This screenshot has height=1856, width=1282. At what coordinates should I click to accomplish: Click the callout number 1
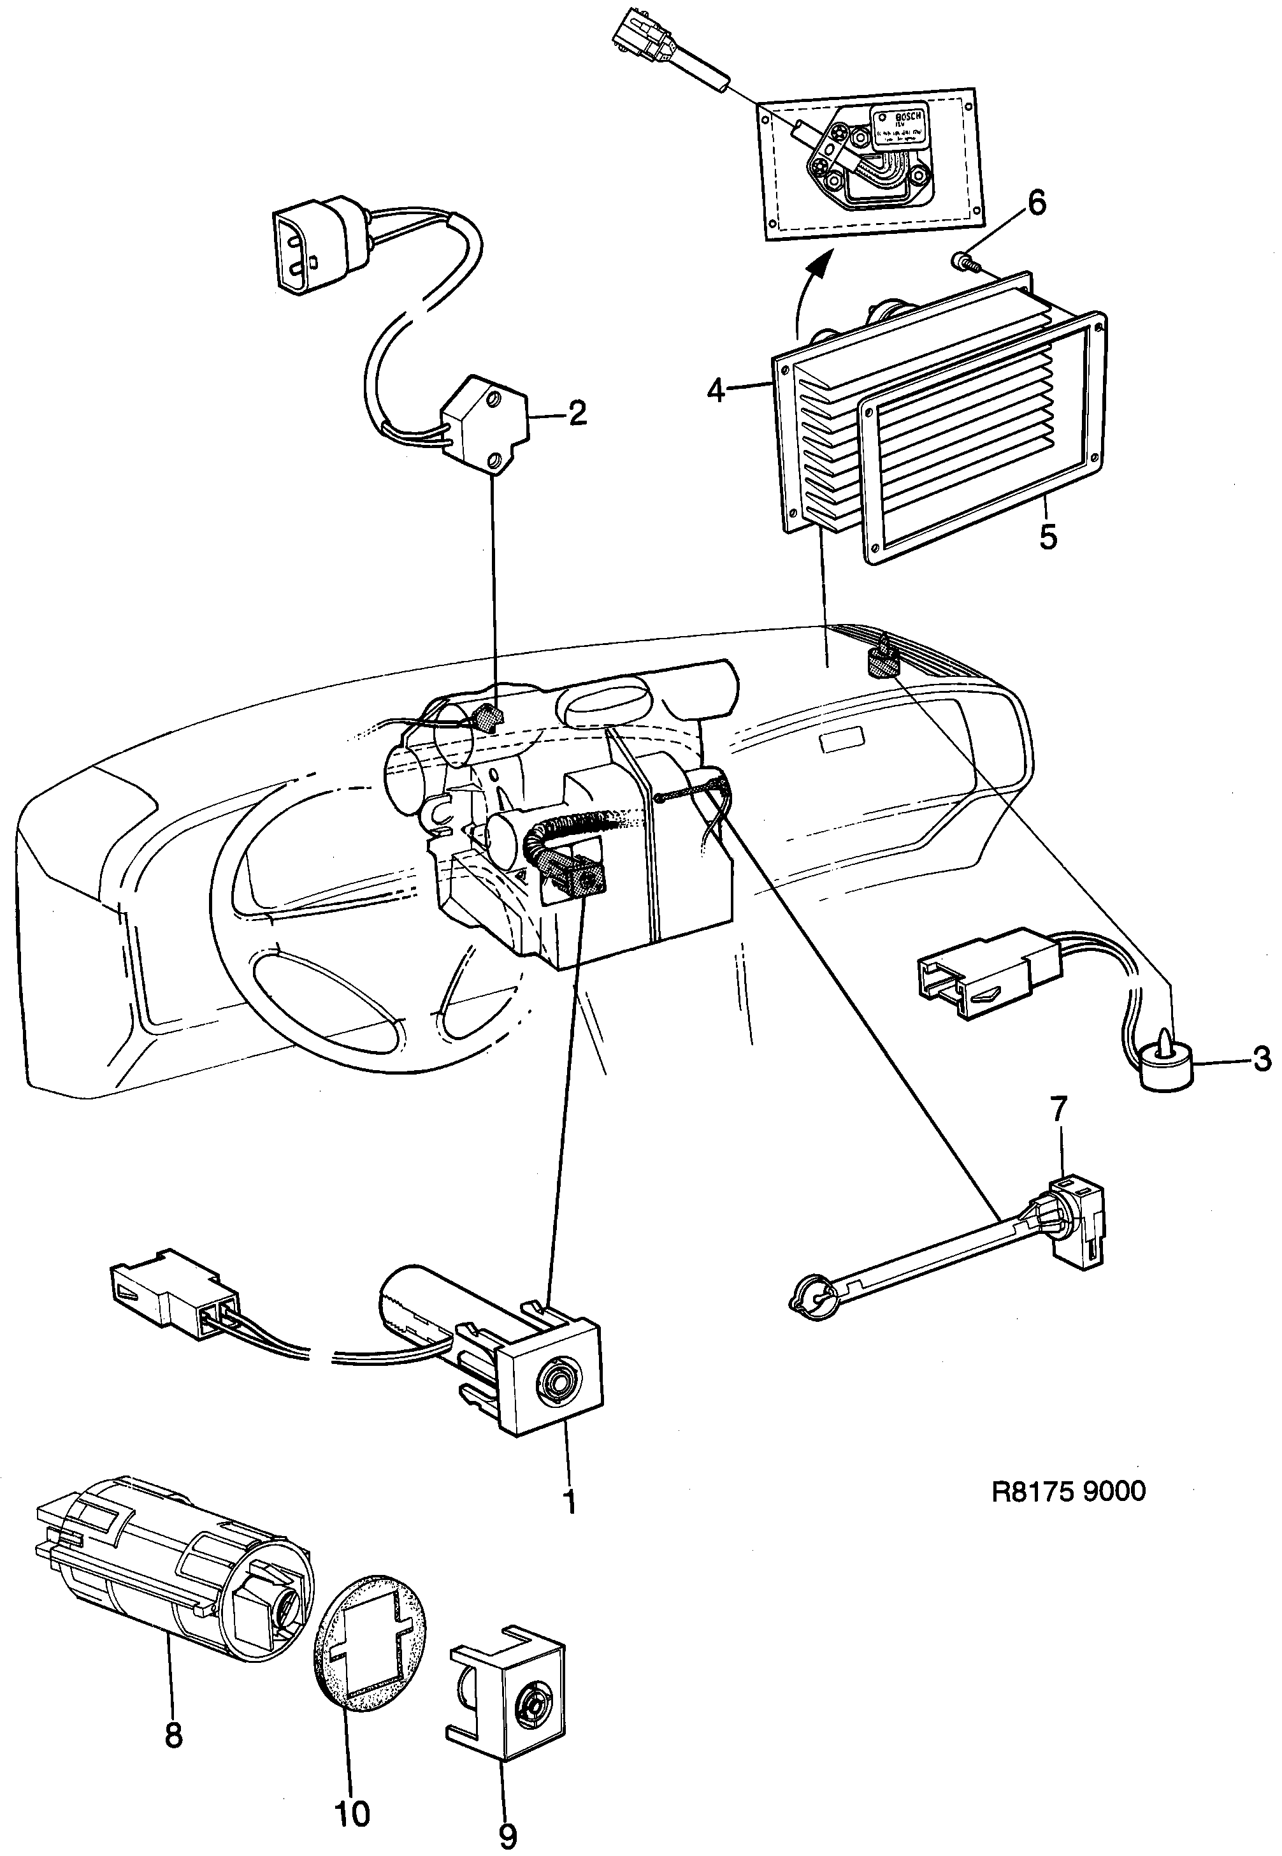570,1500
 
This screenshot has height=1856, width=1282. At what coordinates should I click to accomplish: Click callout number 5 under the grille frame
1048,537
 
